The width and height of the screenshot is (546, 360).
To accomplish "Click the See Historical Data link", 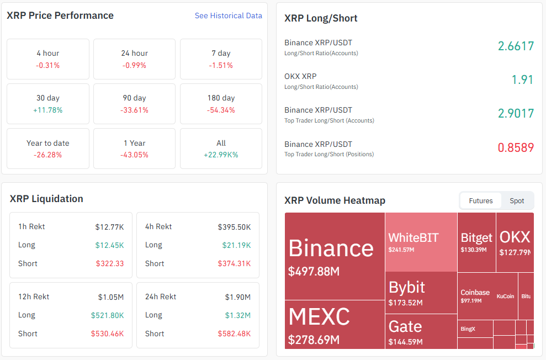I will click(228, 16).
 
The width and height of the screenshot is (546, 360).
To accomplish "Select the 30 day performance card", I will click(48, 103).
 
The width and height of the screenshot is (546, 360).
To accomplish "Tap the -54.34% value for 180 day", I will click(221, 110).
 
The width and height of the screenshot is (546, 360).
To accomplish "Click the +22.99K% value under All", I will click(221, 155).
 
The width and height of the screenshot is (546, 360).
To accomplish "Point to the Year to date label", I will click(48, 143).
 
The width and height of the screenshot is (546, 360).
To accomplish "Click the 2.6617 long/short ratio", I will click(516, 46).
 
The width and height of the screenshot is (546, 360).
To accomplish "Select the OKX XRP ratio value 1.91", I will click(522, 80).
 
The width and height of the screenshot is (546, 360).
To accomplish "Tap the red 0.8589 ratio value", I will click(516, 147).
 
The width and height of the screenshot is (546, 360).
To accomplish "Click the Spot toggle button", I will click(517, 200).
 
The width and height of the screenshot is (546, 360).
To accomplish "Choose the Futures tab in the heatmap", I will click(480, 200).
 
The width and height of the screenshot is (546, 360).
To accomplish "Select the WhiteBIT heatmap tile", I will click(421, 242).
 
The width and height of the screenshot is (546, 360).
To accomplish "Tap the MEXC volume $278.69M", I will click(314, 340).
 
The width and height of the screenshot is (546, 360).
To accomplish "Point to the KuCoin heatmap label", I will click(505, 297).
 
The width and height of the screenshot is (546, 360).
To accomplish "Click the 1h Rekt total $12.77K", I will click(109, 226).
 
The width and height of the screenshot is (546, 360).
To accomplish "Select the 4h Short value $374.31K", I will click(234, 263).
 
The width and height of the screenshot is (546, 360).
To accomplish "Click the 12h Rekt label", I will click(34, 297).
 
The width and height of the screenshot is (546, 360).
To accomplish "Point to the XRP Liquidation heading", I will click(46, 199).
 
